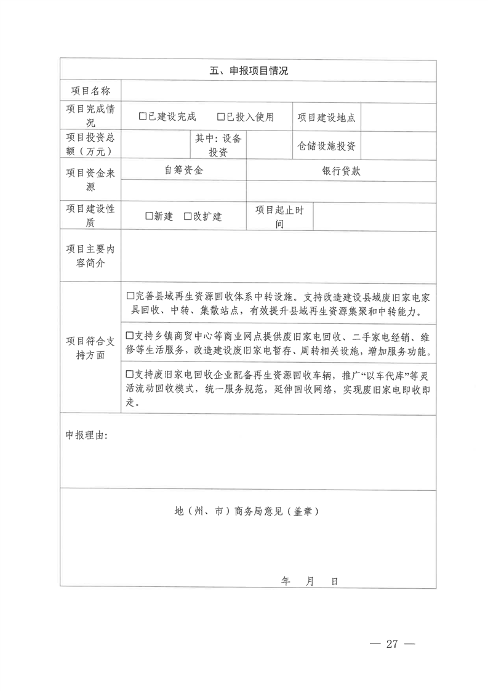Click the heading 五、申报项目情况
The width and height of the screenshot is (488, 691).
click(248, 71)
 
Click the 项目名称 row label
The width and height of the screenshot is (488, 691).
click(90, 91)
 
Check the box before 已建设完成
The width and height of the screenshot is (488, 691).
click(143, 116)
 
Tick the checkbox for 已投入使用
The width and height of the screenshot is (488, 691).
click(221, 116)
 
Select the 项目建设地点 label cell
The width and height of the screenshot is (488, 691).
click(327, 117)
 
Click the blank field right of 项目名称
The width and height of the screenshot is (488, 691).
click(278, 91)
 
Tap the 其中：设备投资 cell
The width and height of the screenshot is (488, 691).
click(218, 145)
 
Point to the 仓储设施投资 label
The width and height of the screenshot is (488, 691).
click(327, 146)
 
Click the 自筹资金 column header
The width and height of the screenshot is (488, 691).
click(183, 171)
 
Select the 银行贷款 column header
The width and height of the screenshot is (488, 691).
click(341, 171)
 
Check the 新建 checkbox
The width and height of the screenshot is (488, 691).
click(148, 216)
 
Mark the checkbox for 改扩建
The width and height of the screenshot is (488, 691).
click(187, 216)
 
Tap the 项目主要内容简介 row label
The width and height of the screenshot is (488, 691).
click(90, 256)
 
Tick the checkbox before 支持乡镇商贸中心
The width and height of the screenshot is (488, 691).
click(129, 336)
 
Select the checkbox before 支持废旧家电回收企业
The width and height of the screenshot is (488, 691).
click(129, 374)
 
